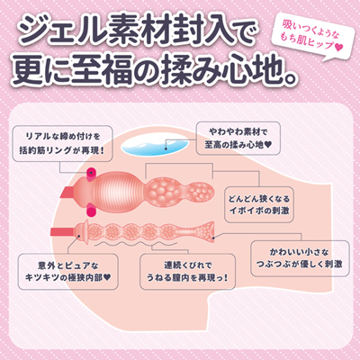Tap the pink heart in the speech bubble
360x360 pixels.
click(x=338, y=48)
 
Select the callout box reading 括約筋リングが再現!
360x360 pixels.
click(x=62, y=144)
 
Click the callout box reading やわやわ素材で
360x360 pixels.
click(x=238, y=138)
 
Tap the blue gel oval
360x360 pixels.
click(x=154, y=146)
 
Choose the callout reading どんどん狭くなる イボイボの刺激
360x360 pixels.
click(x=258, y=204)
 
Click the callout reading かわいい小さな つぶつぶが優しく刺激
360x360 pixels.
click(x=300, y=258)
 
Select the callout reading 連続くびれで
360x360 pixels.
click(x=187, y=272)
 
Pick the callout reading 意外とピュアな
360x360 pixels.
click(x=67, y=272)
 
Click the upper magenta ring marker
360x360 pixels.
click(x=92, y=173)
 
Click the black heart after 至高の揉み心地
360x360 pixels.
click(x=268, y=145)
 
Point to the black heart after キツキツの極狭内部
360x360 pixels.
click(x=107, y=278)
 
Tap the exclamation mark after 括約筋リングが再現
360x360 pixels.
click(x=103, y=150)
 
